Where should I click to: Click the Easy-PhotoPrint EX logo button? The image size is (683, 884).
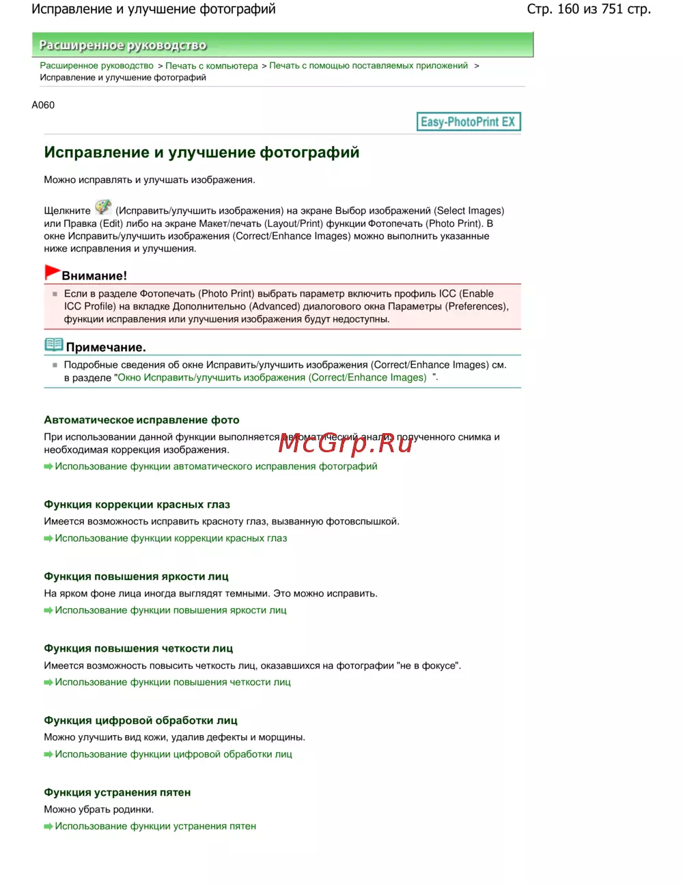(x=469, y=122)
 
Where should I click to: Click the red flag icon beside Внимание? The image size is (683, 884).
(x=52, y=272)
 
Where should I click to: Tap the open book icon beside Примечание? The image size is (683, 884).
(x=53, y=344)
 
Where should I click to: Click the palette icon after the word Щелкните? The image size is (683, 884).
(x=103, y=207)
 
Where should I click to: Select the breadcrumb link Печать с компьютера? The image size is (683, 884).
(x=212, y=66)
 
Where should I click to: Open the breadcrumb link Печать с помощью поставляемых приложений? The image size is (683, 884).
(x=368, y=66)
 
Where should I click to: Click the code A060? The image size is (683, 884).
(x=43, y=105)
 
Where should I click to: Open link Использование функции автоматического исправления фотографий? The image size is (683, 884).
(x=216, y=467)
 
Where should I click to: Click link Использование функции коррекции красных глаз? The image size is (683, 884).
(x=171, y=538)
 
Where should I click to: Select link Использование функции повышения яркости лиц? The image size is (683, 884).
(x=171, y=610)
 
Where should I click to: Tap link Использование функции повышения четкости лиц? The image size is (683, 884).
(x=173, y=682)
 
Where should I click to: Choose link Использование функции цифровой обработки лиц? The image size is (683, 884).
(x=173, y=754)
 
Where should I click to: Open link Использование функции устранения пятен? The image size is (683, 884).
(x=156, y=826)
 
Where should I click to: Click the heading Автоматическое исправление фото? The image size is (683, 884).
(x=141, y=420)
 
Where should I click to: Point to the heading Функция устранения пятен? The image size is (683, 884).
(x=117, y=792)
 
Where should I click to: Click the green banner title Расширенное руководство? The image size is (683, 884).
(x=123, y=45)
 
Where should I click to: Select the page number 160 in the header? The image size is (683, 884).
(x=568, y=9)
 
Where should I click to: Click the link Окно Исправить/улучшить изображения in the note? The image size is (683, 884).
(x=272, y=378)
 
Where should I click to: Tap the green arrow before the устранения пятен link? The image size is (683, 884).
(x=48, y=827)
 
